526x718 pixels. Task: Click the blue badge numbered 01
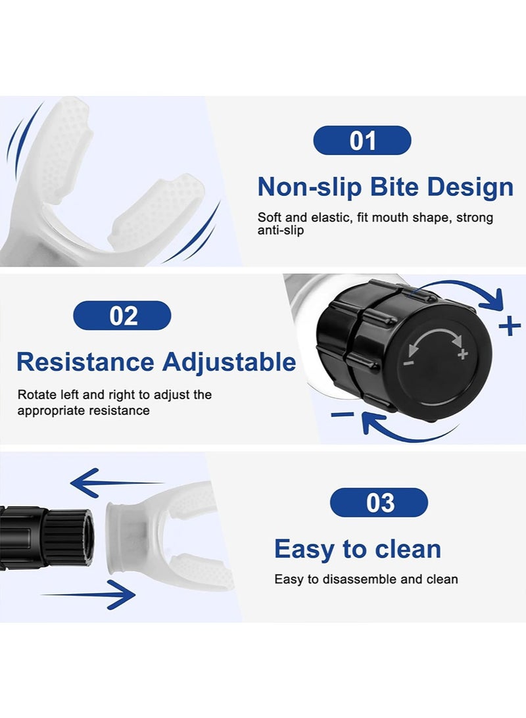pyautogui.click(x=362, y=140)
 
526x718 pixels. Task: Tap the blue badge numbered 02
pyautogui.click(x=122, y=316)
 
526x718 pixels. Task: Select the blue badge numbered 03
pyautogui.click(x=379, y=502)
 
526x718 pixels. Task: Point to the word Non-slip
pyautogui.click(x=310, y=187)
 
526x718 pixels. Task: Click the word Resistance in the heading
pyautogui.click(x=85, y=362)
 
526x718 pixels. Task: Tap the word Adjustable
pyautogui.click(x=229, y=363)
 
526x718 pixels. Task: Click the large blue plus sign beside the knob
pyautogui.click(x=510, y=327)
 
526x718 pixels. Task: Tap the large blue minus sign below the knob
pyautogui.click(x=343, y=414)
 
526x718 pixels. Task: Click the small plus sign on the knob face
pyautogui.click(x=463, y=354)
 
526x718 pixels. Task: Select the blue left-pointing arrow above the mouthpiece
pyautogui.click(x=117, y=483)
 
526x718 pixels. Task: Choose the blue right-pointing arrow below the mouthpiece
pyautogui.click(x=89, y=594)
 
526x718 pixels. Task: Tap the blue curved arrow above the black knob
pyautogui.click(x=462, y=291)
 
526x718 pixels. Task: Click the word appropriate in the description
pyautogui.click(x=51, y=411)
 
